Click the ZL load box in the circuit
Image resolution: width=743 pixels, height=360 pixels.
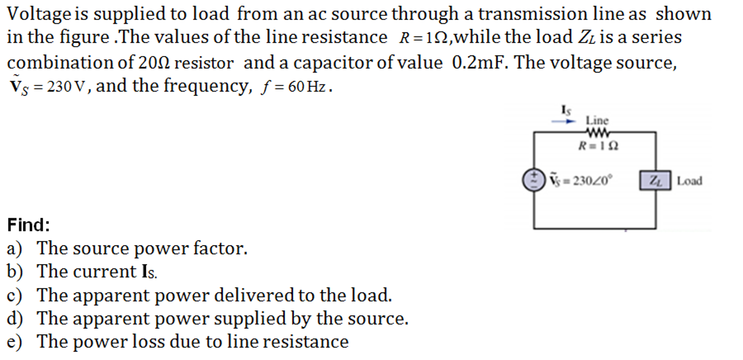coord(655,181)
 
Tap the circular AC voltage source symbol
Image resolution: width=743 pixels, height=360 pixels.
coord(534,180)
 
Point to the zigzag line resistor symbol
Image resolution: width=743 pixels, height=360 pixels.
coord(597,132)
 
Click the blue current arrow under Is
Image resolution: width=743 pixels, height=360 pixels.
coord(564,121)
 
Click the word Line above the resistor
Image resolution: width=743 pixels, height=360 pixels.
coord(597,120)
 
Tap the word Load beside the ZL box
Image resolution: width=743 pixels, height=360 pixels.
coord(689,181)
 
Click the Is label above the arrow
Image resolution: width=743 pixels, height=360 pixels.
coord(566,110)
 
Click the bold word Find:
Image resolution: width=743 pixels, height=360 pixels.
coord(28,225)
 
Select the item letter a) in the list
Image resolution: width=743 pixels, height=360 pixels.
coord(14,248)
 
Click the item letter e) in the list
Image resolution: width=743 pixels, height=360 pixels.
coord(14,342)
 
